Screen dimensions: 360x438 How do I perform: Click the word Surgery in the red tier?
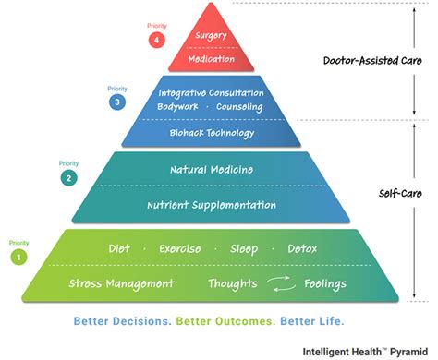click(211, 37)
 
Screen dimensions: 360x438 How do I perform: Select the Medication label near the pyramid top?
click(211, 59)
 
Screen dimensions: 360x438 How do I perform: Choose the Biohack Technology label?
click(211, 133)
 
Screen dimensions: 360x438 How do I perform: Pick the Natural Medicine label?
click(212, 170)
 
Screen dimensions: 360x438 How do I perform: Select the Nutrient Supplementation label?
click(212, 204)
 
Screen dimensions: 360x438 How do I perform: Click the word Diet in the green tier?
click(119, 249)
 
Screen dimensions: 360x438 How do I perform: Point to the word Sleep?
click(244, 249)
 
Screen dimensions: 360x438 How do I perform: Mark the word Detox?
click(302, 249)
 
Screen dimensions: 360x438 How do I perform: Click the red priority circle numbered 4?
click(157, 40)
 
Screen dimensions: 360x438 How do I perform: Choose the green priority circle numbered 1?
click(18, 258)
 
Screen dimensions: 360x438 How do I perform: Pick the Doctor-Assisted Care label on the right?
click(367, 62)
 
